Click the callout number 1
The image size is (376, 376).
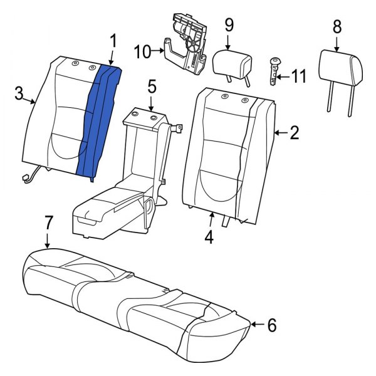point(113,42)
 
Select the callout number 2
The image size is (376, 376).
point(295,132)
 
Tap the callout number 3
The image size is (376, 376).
point(19,94)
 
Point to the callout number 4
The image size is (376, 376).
point(209,238)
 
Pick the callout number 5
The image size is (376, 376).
point(152,86)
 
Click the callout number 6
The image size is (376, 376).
point(271,325)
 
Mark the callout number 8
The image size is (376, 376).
point(337,27)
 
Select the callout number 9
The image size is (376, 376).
point(229,25)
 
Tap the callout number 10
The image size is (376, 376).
point(142,51)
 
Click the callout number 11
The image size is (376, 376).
point(300,77)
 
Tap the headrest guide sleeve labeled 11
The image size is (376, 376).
point(273,71)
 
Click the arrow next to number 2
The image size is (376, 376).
point(280,132)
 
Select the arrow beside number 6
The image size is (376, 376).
point(256,324)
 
